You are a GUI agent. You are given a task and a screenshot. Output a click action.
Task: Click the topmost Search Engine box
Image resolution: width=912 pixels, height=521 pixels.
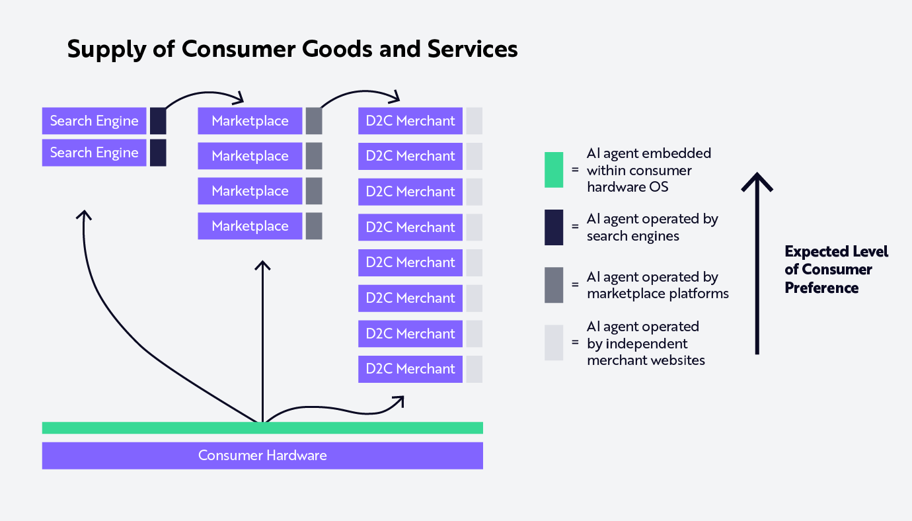pyautogui.click(x=94, y=121)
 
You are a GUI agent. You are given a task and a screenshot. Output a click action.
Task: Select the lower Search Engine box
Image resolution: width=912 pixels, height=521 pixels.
pyautogui.click(x=94, y=153)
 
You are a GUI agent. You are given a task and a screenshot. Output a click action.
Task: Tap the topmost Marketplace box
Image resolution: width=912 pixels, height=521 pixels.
pyautogui.click(x=250, y=121)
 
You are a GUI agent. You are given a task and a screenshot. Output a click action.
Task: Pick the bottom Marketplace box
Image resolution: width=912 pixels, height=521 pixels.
pyautogui.click(x=250, y=226)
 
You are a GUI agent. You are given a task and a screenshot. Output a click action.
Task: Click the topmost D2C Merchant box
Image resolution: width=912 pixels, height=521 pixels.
pyautogui.click(x=410, y=121)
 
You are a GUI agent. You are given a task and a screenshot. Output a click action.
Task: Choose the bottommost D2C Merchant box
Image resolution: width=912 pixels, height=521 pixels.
pyautogui.click(x=410, y=369)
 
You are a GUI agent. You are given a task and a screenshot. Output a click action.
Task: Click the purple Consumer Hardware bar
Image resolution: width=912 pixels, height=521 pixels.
pyautogui.click(x=262, y=456)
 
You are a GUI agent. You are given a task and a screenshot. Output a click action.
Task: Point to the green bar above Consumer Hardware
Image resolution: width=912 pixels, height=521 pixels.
pyautogui.click(x=262, y=428)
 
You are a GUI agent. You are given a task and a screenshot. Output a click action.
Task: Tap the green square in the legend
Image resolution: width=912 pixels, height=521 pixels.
pyautogui.click(x=554, y=170)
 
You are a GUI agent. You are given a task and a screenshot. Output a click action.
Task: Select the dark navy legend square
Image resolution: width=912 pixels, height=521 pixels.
pyautogui.click(x=554, y=227)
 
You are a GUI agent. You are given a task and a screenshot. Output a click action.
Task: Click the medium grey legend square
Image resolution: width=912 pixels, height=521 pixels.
pyautogui.click(x=554, y=285)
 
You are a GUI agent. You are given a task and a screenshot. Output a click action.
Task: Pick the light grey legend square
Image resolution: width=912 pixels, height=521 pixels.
pyautogui.click(x=554, y=342)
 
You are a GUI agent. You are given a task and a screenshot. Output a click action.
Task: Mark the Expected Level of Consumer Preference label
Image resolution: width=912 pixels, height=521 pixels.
pyautogui.click(x=836, y=270)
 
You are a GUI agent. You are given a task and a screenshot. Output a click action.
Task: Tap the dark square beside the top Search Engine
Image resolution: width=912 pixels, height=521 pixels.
pyautogui.click(x=158, y=121)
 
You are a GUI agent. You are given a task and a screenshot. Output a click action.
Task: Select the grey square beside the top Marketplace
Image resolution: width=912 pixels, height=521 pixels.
pyautogui.click(x=314, y=121)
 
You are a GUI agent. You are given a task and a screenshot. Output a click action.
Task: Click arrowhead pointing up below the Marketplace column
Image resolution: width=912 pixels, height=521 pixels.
pyautogui.click(x=263, y=266)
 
